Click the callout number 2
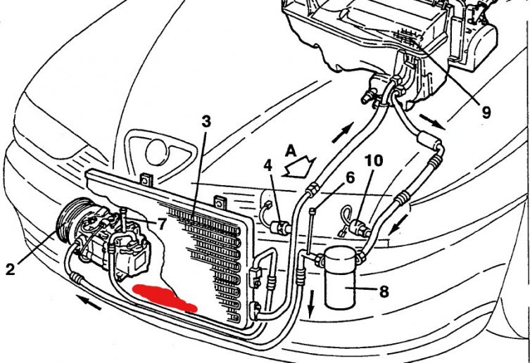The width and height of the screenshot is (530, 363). [x=11, y=269]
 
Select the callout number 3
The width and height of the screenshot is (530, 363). [x=206, y=122]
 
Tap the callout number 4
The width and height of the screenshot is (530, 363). [x=268, y=167]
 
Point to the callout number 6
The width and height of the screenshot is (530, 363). [x=350, y=177]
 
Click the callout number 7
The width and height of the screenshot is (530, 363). [x=162, y=224]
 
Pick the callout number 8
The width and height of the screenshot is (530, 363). [x=384, y=291]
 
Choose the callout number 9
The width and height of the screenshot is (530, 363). [x=486, y=113]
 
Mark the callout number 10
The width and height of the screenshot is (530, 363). [x=374, y=161]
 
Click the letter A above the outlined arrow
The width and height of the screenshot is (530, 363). [x=291, y=151]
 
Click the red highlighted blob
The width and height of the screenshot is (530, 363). [x=164, y=298]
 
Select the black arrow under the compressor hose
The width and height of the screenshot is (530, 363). [x=89, y=302]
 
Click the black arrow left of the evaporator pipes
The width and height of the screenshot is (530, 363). [x=342, y=132]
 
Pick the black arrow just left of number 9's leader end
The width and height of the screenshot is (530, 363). [x=432, y=122]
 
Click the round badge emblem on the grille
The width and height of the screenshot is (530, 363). [x=156, y=152]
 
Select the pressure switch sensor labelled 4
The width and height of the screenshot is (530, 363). [x=280, y=227]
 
